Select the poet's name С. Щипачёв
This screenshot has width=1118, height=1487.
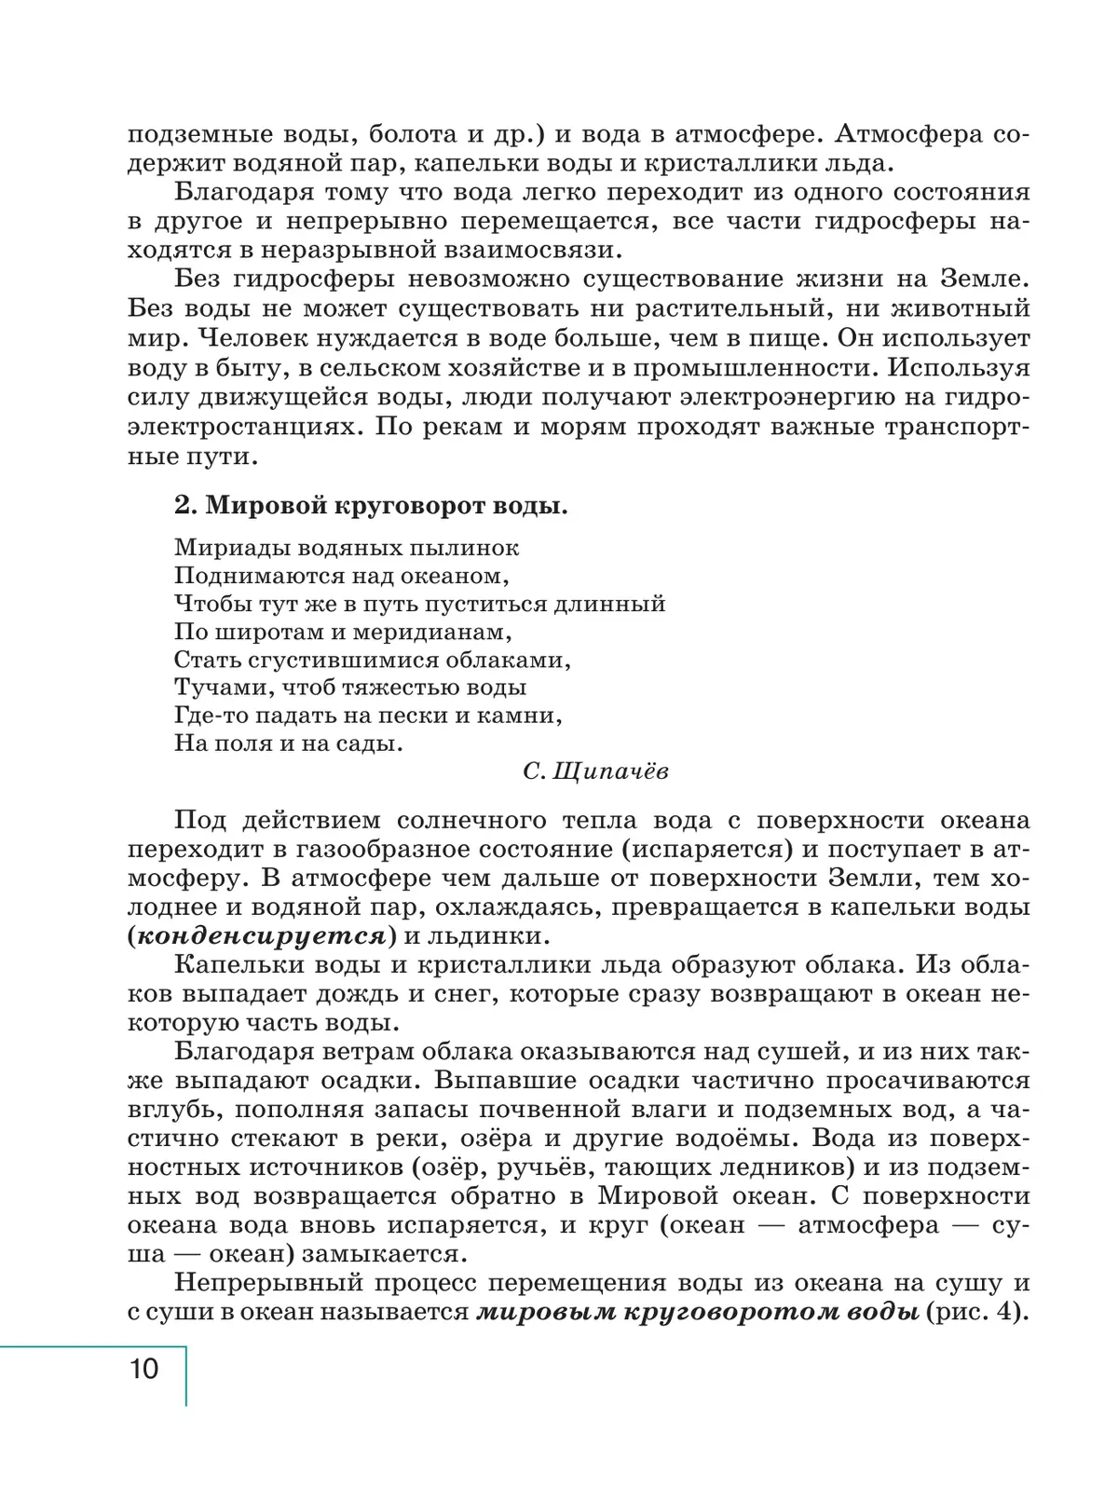click(596, 772)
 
